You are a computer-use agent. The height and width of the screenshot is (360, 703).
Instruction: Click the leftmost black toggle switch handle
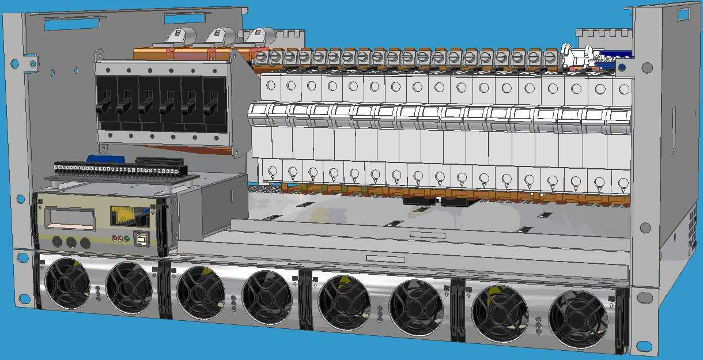click(x=105, y=106)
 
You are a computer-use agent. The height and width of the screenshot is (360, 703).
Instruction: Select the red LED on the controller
click(x=114, y=237)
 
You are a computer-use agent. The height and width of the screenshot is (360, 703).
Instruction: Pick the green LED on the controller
click(x=126, y=238)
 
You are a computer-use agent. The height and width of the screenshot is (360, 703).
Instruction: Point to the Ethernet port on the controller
click(x=124, y=216)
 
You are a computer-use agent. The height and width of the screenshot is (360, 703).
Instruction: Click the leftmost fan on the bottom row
click(x=67, y=283)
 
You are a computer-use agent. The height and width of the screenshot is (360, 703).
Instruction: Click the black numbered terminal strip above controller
click(x=115, y=170)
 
